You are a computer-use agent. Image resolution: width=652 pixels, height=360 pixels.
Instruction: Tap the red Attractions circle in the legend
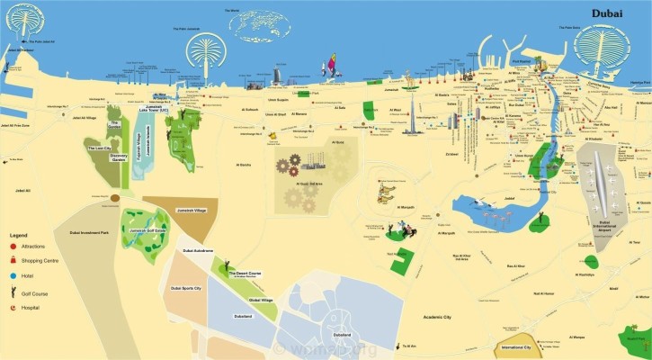[13, 246]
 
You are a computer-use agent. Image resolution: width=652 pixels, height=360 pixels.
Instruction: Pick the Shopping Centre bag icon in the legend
[13, 261]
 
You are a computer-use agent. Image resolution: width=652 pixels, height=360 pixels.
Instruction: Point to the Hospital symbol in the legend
[13, 308]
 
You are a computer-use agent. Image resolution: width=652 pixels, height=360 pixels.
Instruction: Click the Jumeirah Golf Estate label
[147, 230]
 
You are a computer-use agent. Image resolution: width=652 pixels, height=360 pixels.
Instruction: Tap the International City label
[516, 346]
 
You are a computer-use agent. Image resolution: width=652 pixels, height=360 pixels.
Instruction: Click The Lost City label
[100, 148]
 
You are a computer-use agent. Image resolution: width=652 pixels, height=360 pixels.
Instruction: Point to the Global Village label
[261, 300]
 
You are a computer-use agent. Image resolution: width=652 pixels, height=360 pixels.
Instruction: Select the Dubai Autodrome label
[198, 250]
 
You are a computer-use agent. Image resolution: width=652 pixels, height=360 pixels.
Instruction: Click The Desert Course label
[245, 274]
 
